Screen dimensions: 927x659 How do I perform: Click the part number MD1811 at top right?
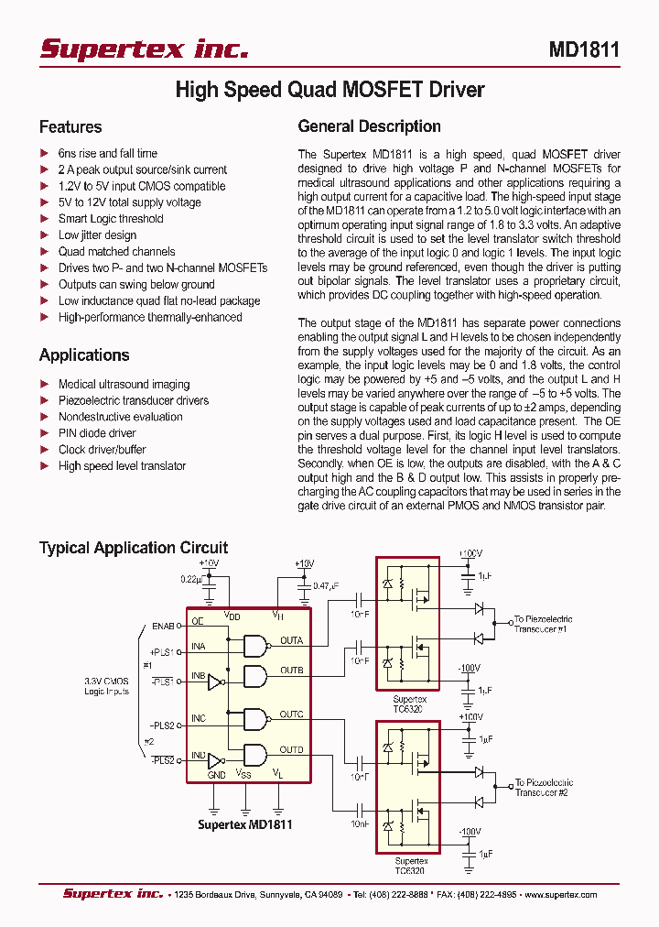click(x=584, y=49)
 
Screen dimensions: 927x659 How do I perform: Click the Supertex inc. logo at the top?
click(x=144, y=49)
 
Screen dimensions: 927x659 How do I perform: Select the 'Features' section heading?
click(x=70, y=127)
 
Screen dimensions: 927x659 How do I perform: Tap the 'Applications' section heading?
click(x=84, y=355)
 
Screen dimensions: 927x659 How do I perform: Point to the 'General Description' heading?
click(x=370, y=127)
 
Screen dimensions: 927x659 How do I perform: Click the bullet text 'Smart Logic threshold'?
click(x=111, y=219)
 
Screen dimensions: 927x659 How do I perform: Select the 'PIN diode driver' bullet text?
click(x=97, y=433)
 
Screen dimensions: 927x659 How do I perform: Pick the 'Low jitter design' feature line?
click(x=97, y=235)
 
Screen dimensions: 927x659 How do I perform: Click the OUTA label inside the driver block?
click(x=291, y=641)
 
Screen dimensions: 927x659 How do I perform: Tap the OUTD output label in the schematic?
click(x=291, y=750)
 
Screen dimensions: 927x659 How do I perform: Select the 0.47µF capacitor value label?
click(x=327, y=585)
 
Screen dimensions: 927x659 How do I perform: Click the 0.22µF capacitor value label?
click(x=191, y=579)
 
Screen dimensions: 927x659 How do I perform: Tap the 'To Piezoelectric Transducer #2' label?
click(x=544, y=788)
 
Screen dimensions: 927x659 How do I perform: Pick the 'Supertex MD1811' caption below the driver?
click(x=245, y=824)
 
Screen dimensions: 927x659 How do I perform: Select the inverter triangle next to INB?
click(x=215, y=682)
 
